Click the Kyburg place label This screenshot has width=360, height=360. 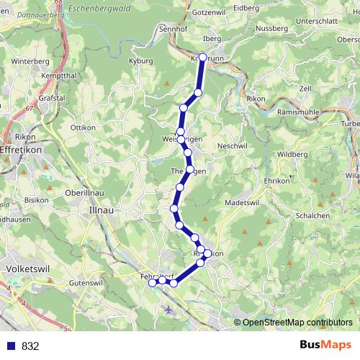pyautogui.click(x=140, y=61)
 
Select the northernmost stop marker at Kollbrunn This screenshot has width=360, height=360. pyautogui.click(x=202, y=57)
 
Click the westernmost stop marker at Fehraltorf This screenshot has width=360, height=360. pyautogui.click(x=153, y=283)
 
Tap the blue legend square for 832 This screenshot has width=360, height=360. pyautogui.click(x=11, y=346)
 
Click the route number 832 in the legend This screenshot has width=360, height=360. pyautogui.click(x=30, y=346)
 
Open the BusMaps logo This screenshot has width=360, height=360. pyautogui.click(x=325, y=345)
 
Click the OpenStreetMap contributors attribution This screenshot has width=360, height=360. pyautogui.click(x=297, y=322)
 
